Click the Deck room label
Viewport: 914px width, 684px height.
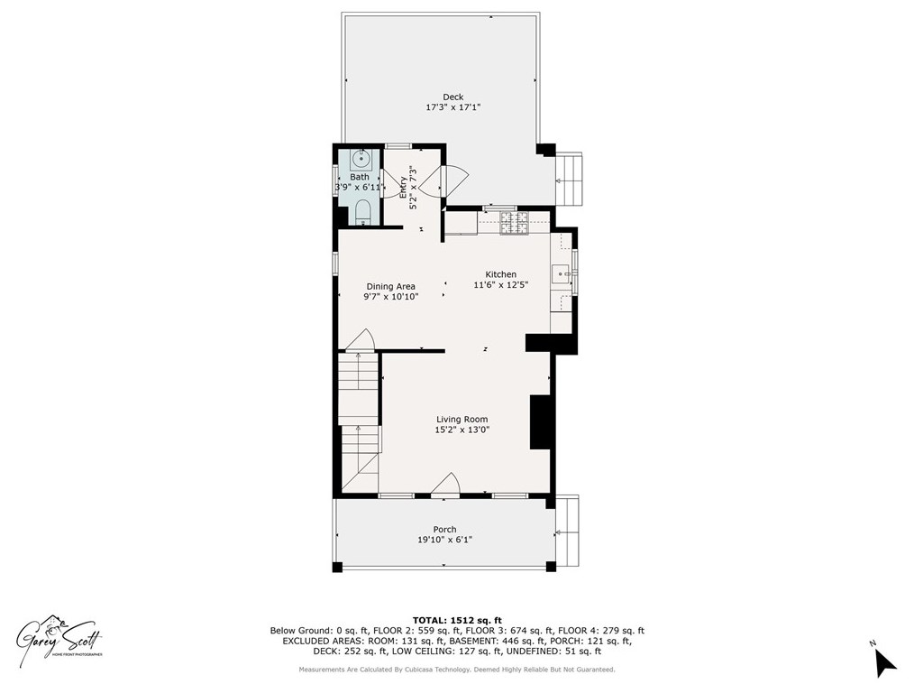[452, 97]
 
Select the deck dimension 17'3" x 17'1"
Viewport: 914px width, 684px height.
[452, 107]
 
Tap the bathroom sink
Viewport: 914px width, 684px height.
[360, 160]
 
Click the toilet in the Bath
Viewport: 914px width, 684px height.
[362, 212]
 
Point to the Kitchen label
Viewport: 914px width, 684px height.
[501, 274]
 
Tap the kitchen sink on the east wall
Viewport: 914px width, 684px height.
[561, 271]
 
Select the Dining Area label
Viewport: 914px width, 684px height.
[390, 286]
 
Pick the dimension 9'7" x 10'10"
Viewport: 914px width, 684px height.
[390, 297]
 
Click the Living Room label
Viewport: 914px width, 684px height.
[462, 419]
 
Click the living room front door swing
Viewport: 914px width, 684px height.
[446, 485]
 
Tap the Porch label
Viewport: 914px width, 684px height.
[444, 530]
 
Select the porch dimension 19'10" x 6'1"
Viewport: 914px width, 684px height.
[444, 541]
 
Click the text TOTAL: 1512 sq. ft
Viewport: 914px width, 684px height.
[456, 620]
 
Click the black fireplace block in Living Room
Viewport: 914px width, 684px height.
[539, 421]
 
